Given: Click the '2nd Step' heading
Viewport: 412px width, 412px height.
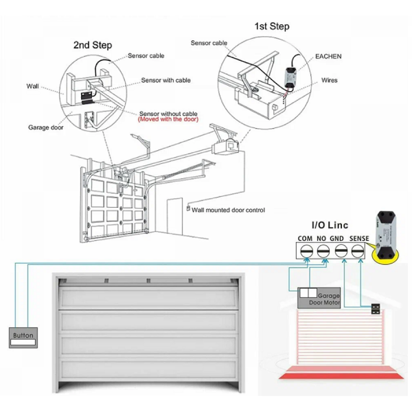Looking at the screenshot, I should point(92,45).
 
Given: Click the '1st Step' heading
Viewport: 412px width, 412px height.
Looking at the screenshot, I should point(272,26).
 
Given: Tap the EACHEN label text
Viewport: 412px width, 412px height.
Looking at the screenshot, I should point(328,57).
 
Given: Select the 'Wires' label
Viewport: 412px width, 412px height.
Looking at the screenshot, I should point(329,80).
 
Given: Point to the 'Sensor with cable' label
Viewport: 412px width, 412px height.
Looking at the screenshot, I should point(166,81).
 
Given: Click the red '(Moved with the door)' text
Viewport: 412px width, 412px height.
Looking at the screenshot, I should point(168,119).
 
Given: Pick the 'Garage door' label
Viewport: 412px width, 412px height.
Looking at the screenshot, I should point(45,127).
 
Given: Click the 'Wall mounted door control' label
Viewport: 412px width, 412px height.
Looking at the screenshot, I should point(228,210).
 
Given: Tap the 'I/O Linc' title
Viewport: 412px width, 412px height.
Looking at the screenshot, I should point(330,225).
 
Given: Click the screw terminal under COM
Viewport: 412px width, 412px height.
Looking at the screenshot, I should point(304,251).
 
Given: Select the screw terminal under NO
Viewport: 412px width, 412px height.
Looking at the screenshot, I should point(323,251).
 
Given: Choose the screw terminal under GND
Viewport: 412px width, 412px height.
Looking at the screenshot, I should point(341,251).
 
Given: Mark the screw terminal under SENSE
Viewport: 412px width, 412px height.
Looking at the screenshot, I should point(358,251).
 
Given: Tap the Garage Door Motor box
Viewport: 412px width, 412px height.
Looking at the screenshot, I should point(320,298).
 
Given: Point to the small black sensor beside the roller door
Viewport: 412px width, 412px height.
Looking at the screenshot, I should point(376,309).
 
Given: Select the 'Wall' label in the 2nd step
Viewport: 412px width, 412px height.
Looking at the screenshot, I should point(33,86).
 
